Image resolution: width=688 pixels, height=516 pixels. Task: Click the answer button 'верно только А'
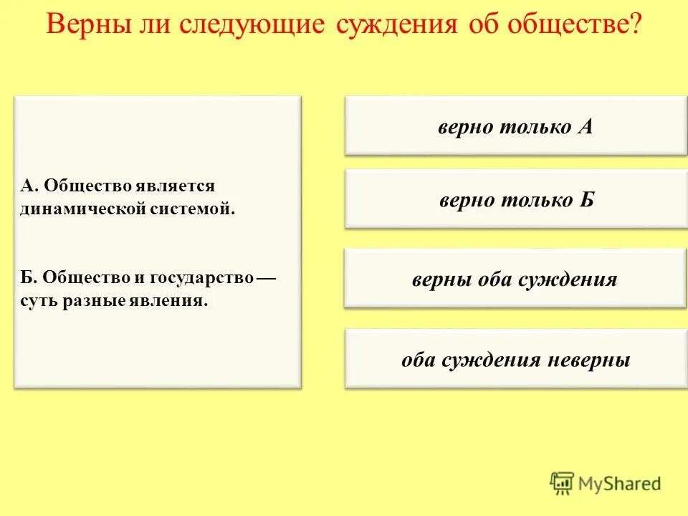pyautogui.click(x=515, y=126)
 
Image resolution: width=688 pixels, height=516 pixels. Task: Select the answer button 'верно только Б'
pyautogui.click(x=515, y=199)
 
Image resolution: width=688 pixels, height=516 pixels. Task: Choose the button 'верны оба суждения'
pyautogui.click(x=515, y=279)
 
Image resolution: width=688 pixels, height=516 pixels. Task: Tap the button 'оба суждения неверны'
pyautogui.click(x=515, y=359)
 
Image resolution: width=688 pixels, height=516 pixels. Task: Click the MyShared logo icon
pyautogui.click(x=563, y=484)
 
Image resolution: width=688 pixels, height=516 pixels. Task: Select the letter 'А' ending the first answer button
pyautogui.click(x=586, y=127)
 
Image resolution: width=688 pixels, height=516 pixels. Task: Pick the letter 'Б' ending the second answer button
pyautogui.click(x=587, y=200)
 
